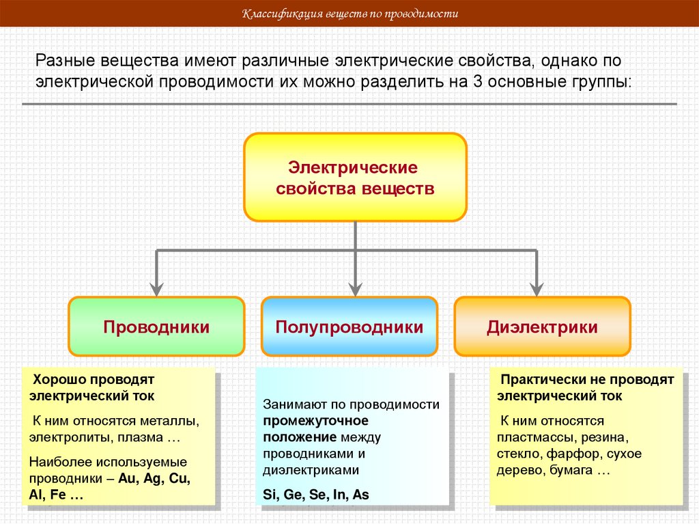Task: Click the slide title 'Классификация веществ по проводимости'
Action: [x=350, y=14]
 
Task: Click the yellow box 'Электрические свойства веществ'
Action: [x=355, y=178]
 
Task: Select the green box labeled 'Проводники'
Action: [x=156, y=327]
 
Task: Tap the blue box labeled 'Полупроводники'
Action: [x=349, y=327]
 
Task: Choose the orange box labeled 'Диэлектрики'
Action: [x=542, y=327]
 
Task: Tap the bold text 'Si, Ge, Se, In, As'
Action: [x=315, y=495]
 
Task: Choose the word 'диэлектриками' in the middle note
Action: [x=310, y=470]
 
